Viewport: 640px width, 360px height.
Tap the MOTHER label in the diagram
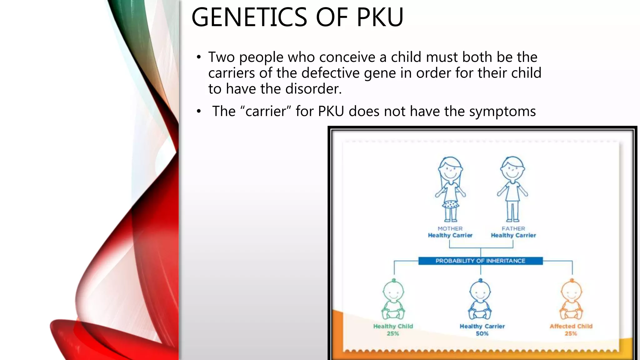tap(450, 228)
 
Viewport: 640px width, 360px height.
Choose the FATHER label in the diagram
tap(513, 228)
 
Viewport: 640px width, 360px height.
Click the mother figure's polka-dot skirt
tap(450, 205)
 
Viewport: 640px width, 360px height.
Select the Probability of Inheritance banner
tap(480, 261)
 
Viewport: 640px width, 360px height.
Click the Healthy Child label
tap(393, 326)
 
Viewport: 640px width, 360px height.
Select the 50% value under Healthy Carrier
tap(482, 334)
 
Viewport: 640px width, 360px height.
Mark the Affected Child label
tap(571, 326)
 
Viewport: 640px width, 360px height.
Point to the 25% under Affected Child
tap(571, 334)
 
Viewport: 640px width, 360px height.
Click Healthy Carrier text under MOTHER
tap(450, 235)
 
